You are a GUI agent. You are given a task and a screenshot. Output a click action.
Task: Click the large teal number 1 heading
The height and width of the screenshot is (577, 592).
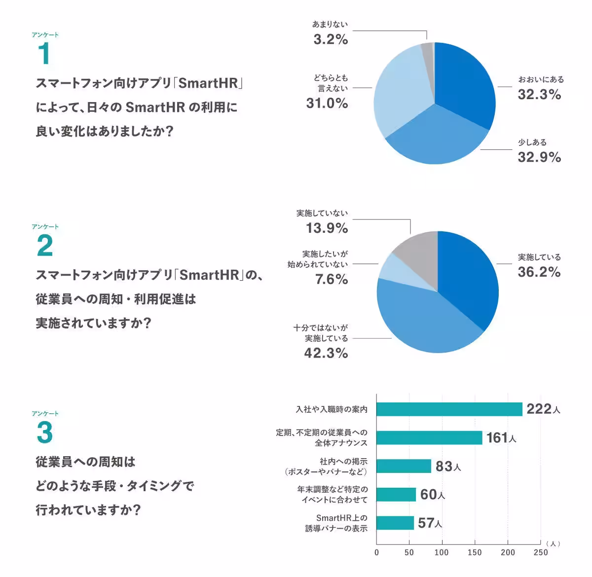44,54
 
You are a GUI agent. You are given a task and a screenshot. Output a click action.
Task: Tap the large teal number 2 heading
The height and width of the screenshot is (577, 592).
45,246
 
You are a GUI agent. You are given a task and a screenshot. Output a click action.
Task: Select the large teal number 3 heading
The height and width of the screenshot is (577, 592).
45,433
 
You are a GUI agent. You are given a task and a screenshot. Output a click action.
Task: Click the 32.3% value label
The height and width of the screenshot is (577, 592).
539,94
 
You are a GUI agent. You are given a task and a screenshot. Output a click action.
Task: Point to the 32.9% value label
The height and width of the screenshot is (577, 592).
539,157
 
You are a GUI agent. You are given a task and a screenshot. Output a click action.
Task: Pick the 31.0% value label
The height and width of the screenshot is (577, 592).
327,103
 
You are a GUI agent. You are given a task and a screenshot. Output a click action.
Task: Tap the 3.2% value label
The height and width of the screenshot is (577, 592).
331,39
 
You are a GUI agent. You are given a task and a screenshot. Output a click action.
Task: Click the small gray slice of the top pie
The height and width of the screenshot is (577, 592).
427,49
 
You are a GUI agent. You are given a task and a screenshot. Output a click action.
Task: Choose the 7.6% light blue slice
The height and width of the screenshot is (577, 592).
390,267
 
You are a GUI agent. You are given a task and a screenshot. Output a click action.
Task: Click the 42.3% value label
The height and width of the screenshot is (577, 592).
326,353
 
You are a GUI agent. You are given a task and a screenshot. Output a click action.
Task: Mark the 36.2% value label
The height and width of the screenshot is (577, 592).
539,272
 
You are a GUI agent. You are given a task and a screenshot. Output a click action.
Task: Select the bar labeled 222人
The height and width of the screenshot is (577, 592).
449,409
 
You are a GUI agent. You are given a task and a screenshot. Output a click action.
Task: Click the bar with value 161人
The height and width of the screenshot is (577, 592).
429,438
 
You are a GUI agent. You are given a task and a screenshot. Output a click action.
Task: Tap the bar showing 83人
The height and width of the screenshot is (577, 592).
404,466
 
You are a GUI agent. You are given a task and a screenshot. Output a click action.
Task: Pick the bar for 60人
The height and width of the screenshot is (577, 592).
396,495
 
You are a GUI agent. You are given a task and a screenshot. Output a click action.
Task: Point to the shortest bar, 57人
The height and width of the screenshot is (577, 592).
395,523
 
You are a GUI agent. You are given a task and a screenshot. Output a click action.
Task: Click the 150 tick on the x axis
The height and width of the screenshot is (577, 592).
475,552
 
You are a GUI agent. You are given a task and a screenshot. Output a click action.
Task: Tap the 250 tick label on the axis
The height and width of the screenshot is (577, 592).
541,552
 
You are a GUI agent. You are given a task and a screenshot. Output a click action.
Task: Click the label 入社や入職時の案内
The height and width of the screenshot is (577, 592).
332,409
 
